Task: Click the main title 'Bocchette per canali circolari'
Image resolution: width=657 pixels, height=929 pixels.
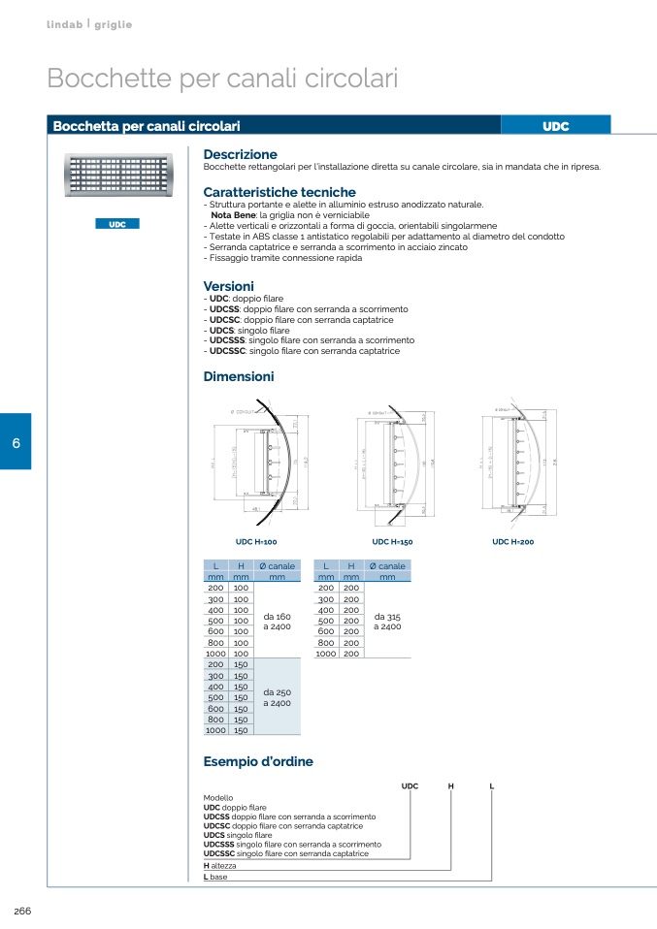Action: [x=222, y=79]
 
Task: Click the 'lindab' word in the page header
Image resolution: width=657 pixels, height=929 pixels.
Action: [x=64, y=23]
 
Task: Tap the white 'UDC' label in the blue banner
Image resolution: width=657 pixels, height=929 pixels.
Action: [x=555, y=126]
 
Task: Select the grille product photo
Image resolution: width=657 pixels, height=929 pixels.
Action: [x=117, y=180]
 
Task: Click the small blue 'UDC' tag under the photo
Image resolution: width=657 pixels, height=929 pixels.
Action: [x=117, y=224]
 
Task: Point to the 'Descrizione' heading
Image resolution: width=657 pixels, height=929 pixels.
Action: [x=240, y=154]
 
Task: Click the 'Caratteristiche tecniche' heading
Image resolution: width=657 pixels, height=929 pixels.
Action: [x=279, y=192]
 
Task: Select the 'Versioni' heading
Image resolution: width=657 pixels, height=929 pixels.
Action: [x=228, y=286]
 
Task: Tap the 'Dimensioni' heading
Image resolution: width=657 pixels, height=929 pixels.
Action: [x=239, y=376]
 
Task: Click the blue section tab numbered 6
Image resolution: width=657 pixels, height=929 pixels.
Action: [x=16, y=442]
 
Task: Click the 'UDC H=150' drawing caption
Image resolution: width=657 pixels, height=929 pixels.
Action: [x=392, y=541]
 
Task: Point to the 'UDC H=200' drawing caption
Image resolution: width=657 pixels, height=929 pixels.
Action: [x=512, y=541]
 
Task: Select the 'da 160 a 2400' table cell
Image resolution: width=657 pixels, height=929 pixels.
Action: [x=277, y=622]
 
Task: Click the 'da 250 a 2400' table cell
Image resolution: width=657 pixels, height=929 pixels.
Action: [x=277, y=697]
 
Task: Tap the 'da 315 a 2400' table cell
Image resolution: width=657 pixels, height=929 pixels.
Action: [x=387, y=622]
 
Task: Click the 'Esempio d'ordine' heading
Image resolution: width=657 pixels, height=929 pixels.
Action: [x=258, y=761]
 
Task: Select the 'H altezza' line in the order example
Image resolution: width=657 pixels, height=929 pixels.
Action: [x=219, y=865]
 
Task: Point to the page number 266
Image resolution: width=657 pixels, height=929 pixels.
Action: [x=22, y=910]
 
